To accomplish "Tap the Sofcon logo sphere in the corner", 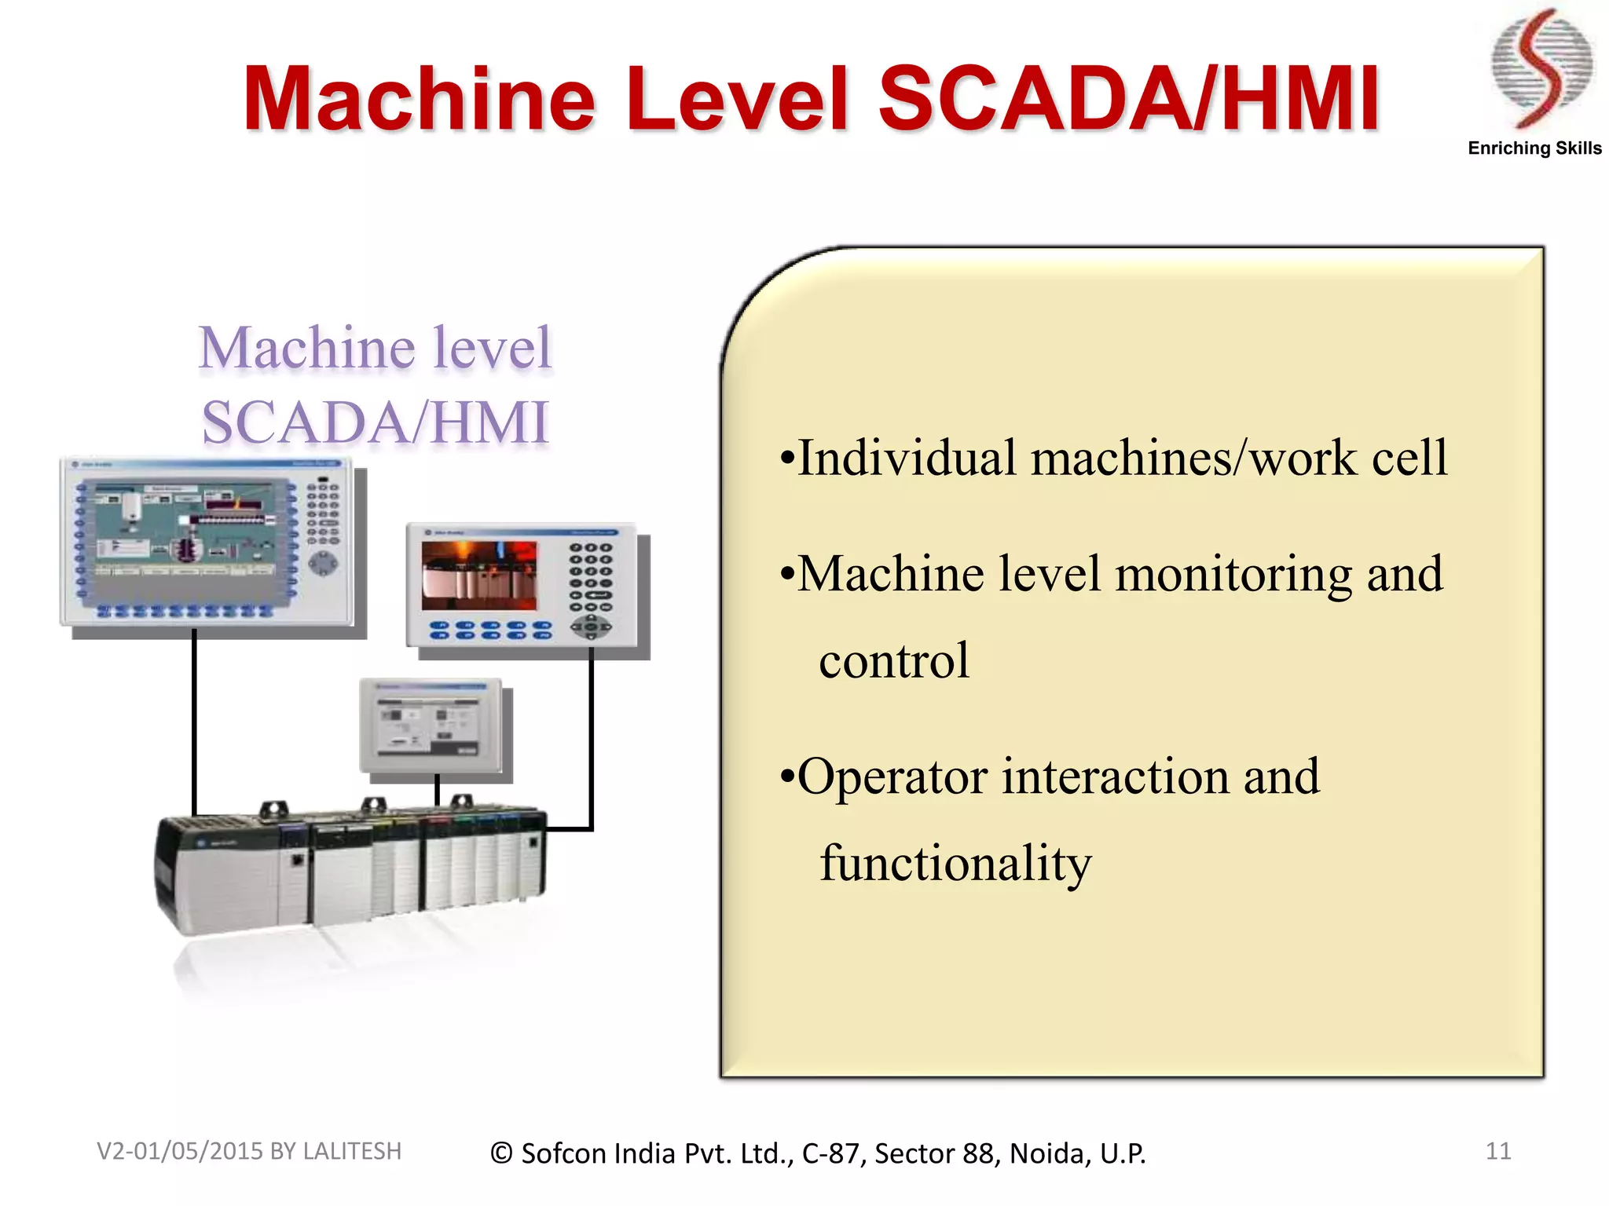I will (1541, 67).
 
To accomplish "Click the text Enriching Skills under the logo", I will (1534, 148).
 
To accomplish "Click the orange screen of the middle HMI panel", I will (479, 576).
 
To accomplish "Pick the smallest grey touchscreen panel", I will (431, 725).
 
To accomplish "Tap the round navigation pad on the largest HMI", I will (323, 562).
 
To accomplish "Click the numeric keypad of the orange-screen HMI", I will (591, 577).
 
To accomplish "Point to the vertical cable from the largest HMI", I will (194, 722).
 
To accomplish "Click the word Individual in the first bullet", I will (907, 458).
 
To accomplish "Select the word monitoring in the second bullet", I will (1233, 574).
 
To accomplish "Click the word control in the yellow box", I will (894, 660).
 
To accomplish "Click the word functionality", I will (955, 863).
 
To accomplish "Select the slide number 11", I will (1497, 1151).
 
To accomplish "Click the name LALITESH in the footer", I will (352, 1151).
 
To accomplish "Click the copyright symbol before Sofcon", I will (501, 1153).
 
